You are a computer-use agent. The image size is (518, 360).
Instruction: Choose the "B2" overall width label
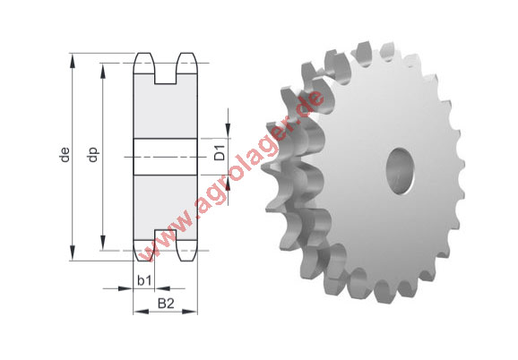(166, 304)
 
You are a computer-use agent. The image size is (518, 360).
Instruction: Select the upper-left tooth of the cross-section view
(145, 64)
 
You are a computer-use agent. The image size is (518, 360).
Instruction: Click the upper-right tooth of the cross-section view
(186, 64)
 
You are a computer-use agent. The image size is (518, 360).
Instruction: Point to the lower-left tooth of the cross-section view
(145, 250)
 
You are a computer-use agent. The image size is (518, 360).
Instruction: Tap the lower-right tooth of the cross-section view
(186, 250)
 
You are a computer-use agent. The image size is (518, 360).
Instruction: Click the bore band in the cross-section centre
(166, 157)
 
